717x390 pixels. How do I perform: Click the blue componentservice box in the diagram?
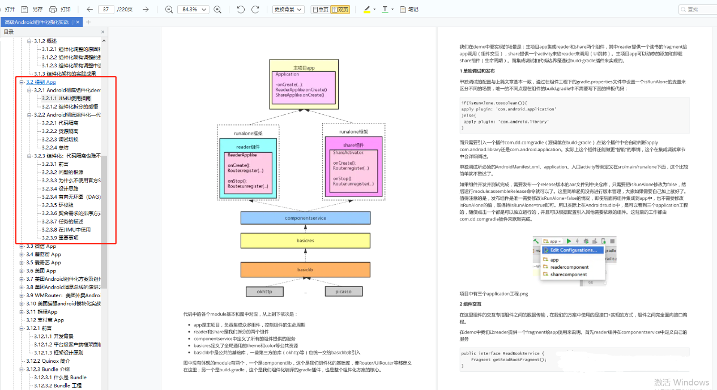click(305, 218)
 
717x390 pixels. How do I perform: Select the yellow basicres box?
click(305, 241)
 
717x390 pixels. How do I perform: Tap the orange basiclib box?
click(305, 269)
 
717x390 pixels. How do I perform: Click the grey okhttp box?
click(264, 292)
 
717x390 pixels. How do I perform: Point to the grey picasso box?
click(343, 292)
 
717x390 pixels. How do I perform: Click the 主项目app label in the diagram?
click(302, 68)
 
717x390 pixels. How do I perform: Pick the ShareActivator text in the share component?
click(348, 153)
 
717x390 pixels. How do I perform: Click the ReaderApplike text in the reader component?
click(242, 155)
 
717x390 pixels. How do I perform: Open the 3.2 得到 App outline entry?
click(41, 82)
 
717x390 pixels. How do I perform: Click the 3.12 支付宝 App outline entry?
click(45, 320)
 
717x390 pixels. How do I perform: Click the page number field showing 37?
click(106, 10)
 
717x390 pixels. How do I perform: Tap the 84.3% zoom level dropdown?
click(193, 10)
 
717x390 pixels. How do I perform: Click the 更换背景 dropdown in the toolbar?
click(288, 10)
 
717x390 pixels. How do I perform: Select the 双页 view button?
click(340, 10)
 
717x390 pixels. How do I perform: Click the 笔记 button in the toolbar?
click(409, 10)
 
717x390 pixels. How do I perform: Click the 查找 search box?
click(697, 10)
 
